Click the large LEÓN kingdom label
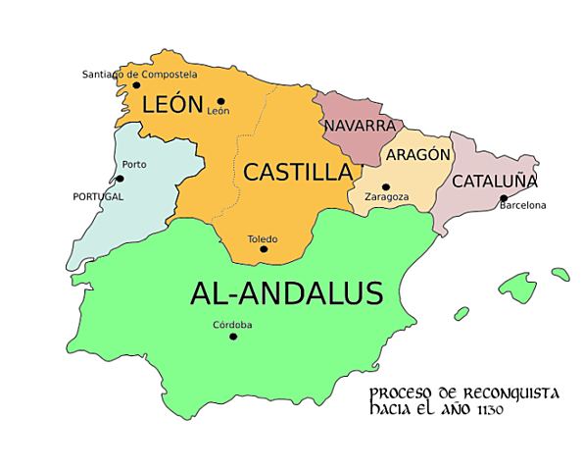coord(172,104)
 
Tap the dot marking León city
coord(221,100)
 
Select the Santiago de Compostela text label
coord(139,74)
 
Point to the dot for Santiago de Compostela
coord(136,85)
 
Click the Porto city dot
coord(120,179)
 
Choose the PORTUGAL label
coord(98,196)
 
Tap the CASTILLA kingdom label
coord(297,173)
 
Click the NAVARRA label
coord(359,127)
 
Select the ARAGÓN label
coord(418,155)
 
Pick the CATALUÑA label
coord(494,182)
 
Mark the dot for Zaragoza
coord(386,186)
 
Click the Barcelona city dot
coord(504,197)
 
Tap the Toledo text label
coord(263,238)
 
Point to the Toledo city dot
coord(263,249)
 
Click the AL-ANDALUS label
coord(286,292)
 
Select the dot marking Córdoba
coord(233,337)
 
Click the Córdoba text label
coord(232,325)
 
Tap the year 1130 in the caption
coord(488,410)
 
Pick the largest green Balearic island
coord(516,288)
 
